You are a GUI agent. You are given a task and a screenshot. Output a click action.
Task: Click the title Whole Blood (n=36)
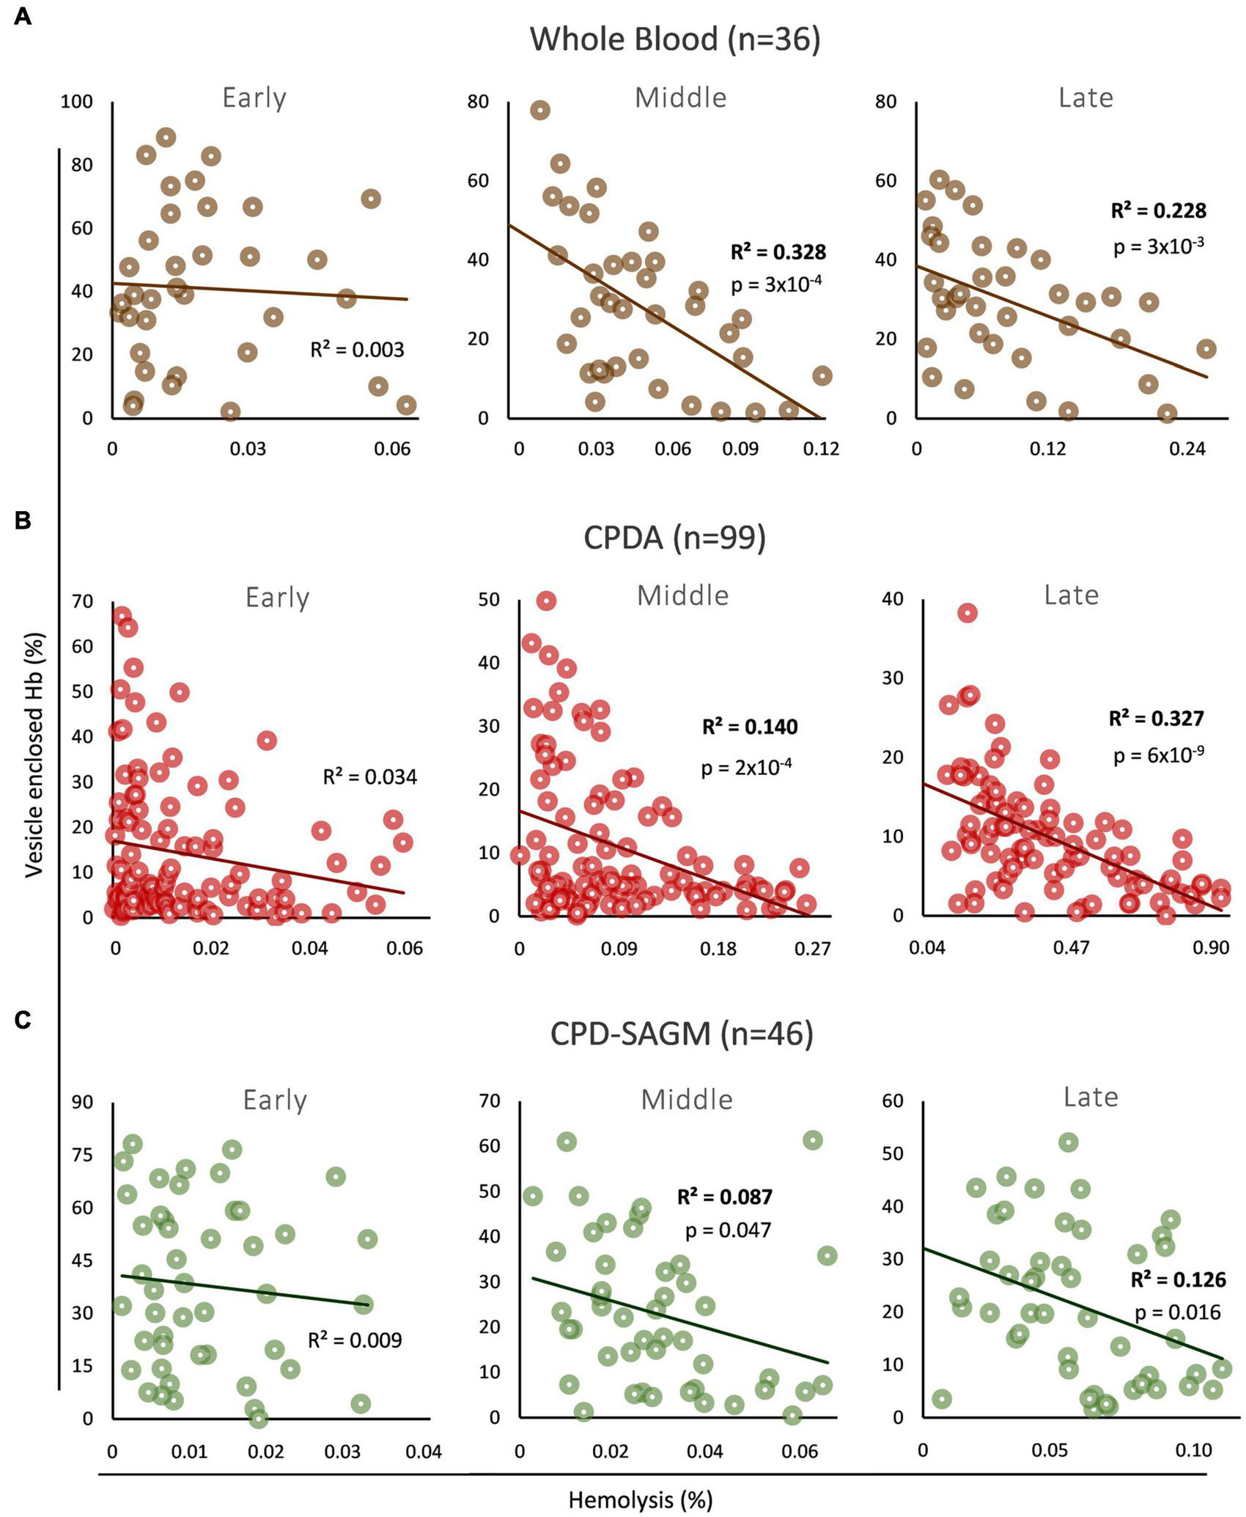[674, 39]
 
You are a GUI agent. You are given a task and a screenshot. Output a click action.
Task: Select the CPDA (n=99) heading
[674, 537]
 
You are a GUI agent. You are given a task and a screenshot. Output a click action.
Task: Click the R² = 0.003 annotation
[357, 350]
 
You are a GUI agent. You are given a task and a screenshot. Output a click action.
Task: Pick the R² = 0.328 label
[778, 252]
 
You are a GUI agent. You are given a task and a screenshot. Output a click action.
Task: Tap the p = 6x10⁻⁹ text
[1158, 755]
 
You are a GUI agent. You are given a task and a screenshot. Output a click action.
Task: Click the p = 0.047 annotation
[728, 1230]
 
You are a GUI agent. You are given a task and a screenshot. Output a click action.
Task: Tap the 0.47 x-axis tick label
[1071, 949]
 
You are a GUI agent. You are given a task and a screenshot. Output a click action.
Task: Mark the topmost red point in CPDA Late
[967, 613]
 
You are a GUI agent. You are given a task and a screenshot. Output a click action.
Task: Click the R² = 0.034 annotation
[370, 777]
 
